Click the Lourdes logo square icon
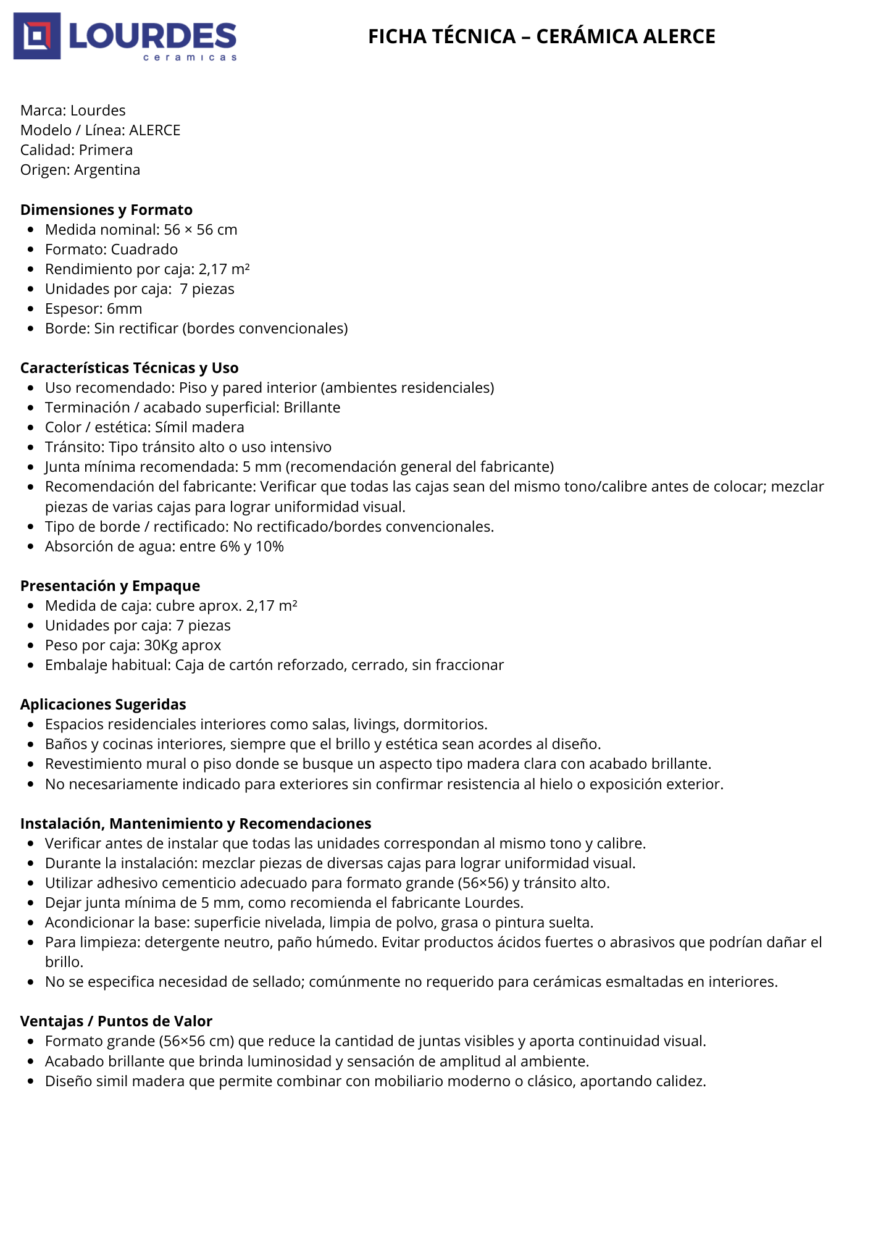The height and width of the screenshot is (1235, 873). [x=37, y=36]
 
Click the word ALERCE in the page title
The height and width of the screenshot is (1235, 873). [x=679, y=36]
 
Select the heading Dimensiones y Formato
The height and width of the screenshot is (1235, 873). [x=106, y=210]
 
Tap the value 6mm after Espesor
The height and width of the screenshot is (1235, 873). [x=124, y=309]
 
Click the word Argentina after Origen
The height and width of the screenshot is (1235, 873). [x=107, y=170]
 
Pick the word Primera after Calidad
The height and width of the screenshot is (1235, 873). [x=106, y=150]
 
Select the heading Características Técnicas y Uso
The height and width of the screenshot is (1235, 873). [x=129, y=368]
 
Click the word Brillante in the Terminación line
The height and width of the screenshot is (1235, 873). [x=312, y=408]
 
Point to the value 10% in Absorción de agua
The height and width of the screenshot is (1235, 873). [x=270, y=546]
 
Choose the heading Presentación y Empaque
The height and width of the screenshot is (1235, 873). [x=110, y=586]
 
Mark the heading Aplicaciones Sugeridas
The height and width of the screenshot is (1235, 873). [x=103, y=705]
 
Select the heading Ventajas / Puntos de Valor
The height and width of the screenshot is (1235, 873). [x=116, y=1021]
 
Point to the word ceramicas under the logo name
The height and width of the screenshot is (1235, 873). [x=190, y=57]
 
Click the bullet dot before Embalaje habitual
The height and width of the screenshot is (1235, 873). [x=31, y=666]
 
